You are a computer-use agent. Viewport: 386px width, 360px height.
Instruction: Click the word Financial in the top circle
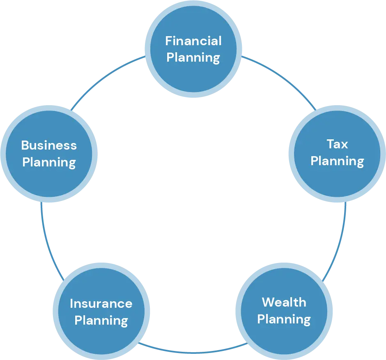(x=193, y=41)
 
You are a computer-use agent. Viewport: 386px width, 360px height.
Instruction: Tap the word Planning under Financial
(x=193, y=58)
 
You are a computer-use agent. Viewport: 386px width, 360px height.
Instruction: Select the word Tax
(x=337, y=144)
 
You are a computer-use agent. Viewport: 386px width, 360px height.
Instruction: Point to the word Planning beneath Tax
(x=337, y=162)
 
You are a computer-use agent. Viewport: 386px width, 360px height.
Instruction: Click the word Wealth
(x=284, y=302)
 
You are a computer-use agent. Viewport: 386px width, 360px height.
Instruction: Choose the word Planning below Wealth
(x=284, y=320)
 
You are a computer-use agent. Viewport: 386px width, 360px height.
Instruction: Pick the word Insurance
(x=101, y=304)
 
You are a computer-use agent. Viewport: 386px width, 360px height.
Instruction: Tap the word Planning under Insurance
(x=101, y=321)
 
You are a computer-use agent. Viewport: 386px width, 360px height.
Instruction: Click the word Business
(x=49, y=145)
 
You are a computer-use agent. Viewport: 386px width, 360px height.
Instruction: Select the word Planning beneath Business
(x=49, y=163)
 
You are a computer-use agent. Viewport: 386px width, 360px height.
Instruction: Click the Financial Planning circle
(x=193, y=49)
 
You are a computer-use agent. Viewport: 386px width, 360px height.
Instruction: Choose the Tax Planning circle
(x=337, y=154)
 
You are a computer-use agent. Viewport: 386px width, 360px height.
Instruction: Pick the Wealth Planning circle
(x=284, y=311)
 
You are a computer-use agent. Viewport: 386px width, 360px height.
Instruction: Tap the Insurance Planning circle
(x=101, y=311)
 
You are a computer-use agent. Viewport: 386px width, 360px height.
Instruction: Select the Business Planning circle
(x=49, y=154)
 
